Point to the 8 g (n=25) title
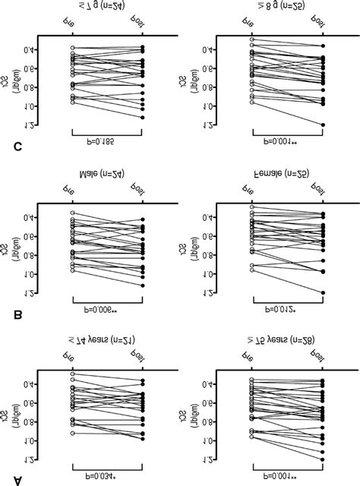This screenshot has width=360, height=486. tap(287, 10)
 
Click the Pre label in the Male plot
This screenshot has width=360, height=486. tap(71, 194)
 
